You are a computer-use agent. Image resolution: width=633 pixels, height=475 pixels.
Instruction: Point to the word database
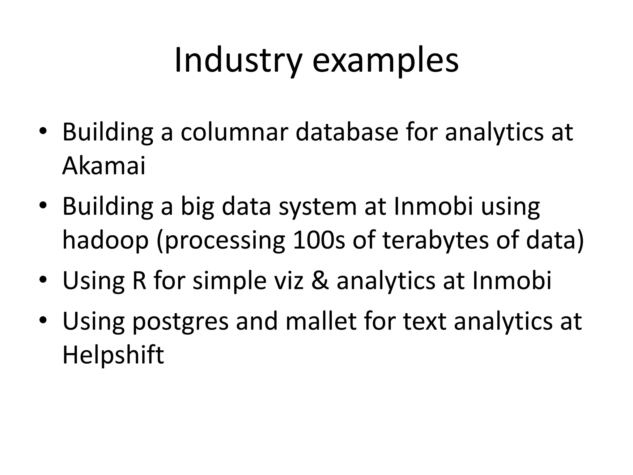(347, 132)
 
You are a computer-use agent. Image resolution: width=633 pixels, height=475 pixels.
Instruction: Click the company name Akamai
(104, 166)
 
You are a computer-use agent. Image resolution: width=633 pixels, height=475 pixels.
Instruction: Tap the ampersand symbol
(320, 280)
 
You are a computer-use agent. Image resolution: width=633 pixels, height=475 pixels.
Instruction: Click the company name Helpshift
(113, 355)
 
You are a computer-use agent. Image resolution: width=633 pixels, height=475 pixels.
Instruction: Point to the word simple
(229, 280)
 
